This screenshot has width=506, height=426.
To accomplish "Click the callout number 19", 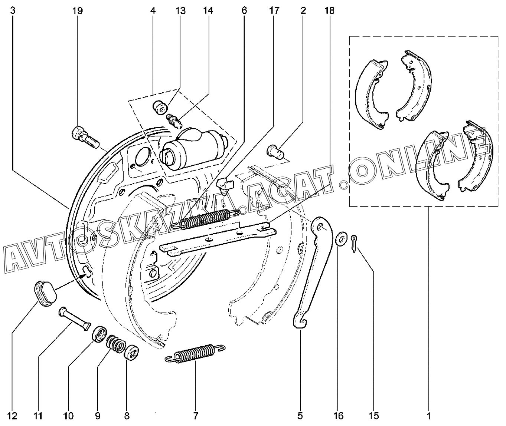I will (x=77, y=11).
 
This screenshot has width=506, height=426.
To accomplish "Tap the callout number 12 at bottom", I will (x=12, y=416).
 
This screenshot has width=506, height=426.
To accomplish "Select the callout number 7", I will (x=195, y=416).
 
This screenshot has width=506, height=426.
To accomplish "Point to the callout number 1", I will (x=428, y=416).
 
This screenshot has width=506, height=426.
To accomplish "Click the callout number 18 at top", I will (x=329, y=11).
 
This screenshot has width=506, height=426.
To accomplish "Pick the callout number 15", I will (x=374, y=416).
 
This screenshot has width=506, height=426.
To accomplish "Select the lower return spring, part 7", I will (x=195, y=353).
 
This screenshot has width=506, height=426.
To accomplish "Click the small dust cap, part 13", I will (x=159, y=108).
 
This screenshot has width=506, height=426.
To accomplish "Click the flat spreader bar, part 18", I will (x=219, y=239).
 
